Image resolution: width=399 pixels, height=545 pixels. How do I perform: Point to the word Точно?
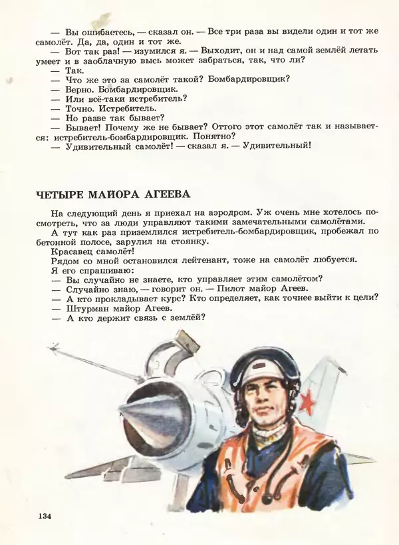(84, 108)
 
